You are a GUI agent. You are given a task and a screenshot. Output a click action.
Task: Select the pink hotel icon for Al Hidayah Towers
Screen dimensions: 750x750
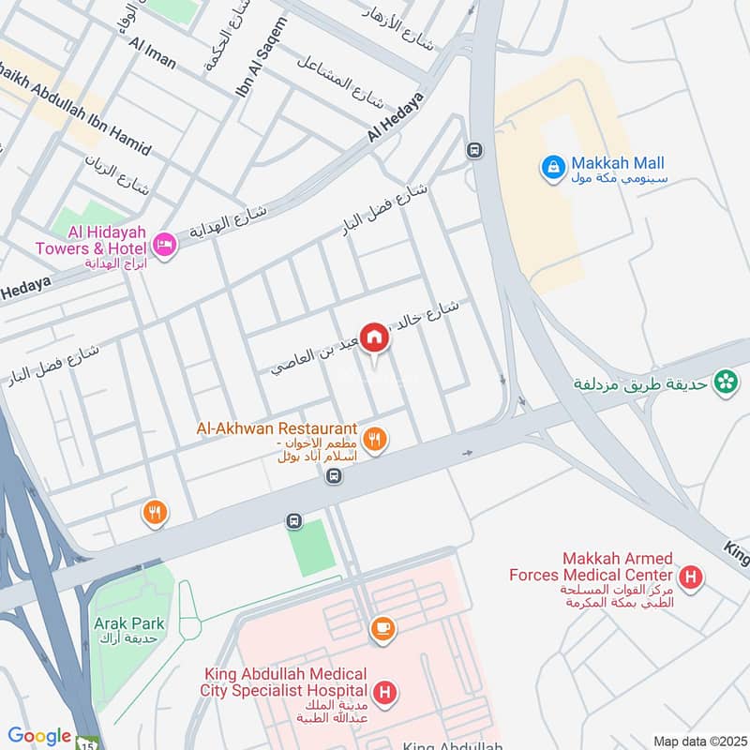click(x=165, y=247)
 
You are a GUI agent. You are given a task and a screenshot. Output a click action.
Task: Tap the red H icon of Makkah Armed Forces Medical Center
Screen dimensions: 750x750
click(x=691, y=577)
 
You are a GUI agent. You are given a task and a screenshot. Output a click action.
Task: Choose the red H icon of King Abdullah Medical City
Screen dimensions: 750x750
click(x=383, y=694)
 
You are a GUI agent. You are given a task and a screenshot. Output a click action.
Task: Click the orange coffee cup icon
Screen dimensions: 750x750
click(x=382, y=630)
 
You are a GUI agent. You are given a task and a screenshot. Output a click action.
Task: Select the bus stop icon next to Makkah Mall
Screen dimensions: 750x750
click(x=475, y=150)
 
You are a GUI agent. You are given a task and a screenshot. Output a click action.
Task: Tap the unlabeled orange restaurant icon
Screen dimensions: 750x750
click(x=155, y=512)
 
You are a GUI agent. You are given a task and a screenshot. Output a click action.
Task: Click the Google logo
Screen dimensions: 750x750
click(x=39, y=736)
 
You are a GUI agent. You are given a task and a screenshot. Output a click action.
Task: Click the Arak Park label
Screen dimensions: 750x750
click(x=128, y=623)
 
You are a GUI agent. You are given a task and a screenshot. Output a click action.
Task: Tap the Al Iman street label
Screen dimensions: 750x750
click(x=153, y=53)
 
